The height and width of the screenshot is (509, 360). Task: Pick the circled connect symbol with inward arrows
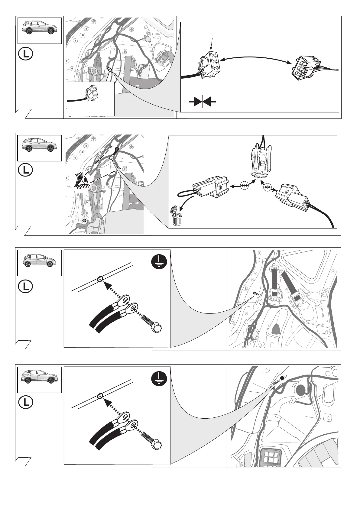pyautogui.click(x=267, y=187)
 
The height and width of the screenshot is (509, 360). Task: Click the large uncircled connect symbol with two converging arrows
pyautogui.click(x=202, y=102)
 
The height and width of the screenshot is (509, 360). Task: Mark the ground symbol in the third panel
pyautogui.click(x=159, y=262)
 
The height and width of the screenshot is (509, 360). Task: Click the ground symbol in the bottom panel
pyautogui.click(x=159, y=379)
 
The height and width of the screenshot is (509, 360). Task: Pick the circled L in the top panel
pyautogui.click(x=25, y=54)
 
